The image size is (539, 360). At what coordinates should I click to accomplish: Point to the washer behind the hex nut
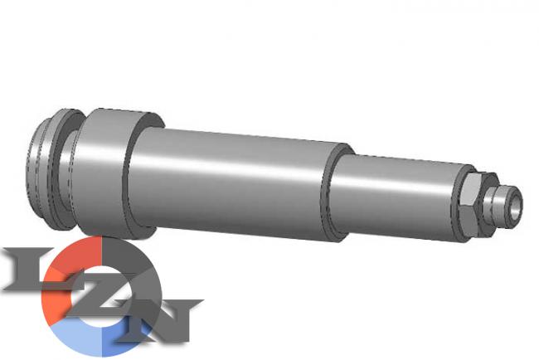(457, 203)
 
